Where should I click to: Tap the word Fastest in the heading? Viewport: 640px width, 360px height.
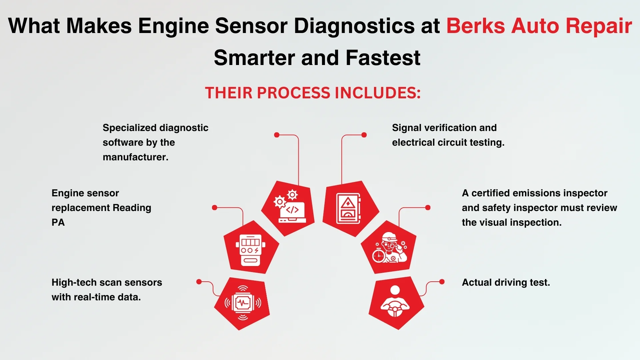point(383,58)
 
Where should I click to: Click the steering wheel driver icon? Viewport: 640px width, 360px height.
point(395,301)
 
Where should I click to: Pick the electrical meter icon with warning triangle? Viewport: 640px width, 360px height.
point(349,208)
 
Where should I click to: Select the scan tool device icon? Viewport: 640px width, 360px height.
point(250,249)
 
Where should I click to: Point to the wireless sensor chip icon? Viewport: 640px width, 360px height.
point(243,303)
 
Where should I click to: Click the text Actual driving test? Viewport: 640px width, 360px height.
point(506,282)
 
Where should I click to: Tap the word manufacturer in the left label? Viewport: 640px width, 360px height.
point(135,157)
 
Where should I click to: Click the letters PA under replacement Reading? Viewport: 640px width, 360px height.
point(58,222)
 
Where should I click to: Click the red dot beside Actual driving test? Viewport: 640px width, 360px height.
point(442,282)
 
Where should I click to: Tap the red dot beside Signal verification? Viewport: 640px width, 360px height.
point(364,135)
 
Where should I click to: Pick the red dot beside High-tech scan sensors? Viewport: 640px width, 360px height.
point(199,282)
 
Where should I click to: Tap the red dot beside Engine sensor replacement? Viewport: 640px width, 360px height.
point(215,207)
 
